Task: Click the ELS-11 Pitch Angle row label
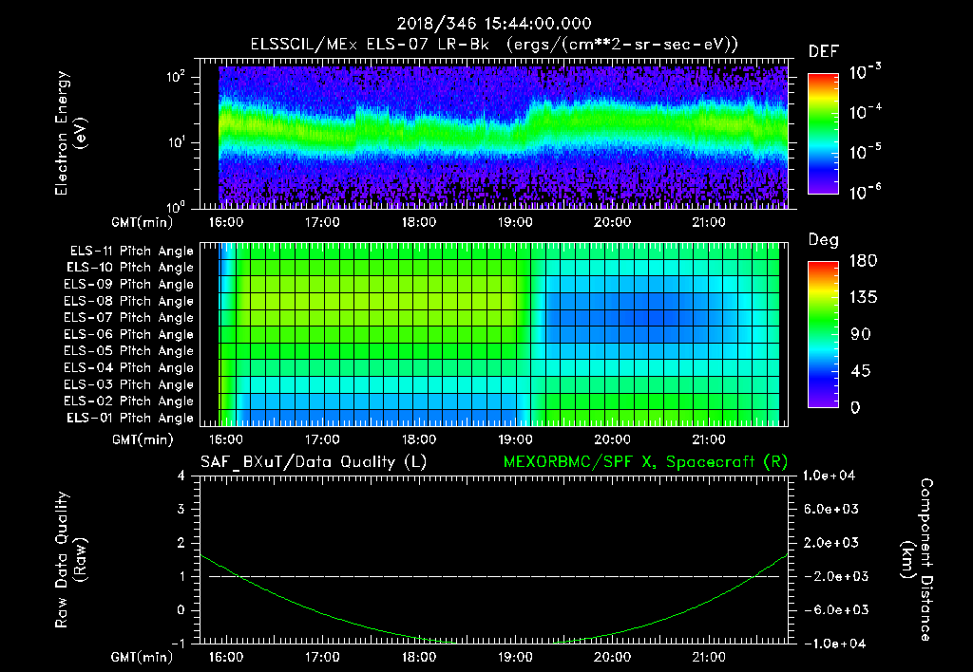pos(131,251)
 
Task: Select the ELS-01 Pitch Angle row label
pos(131,418)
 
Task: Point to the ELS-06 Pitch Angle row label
pos(131,334)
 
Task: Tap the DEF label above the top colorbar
pos(823,51)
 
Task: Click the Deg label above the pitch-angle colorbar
pos(823,240)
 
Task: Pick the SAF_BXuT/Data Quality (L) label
pos(313,461)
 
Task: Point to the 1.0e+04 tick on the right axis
pos(832,476)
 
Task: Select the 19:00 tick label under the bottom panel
pos(515,656)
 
